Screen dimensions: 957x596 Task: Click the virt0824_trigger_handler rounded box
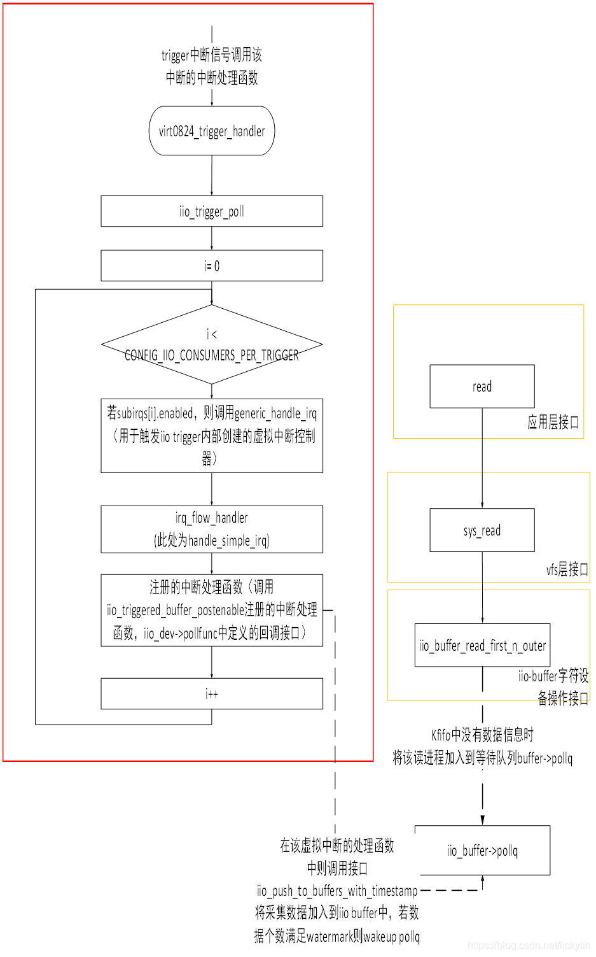click(212, 131)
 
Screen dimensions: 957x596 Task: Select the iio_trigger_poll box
click(212, 211)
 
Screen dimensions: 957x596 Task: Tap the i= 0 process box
click(212, 266)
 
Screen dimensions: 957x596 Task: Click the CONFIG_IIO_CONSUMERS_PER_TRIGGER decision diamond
click(212, 345)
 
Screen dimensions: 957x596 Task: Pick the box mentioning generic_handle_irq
click(212, 436)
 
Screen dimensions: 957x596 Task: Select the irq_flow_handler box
click(212, 529)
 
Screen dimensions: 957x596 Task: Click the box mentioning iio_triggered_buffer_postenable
click(212, 610)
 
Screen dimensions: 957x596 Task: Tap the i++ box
click(212, 693)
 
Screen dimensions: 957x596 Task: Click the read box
click(482, 386)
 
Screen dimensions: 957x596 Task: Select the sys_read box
click(482, 530)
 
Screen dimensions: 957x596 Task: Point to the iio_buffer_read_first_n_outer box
click(482, 646)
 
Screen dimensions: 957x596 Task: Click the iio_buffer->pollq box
click(482, 851)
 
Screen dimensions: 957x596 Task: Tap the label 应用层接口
click(553, 422)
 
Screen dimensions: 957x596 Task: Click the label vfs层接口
click(567, 569)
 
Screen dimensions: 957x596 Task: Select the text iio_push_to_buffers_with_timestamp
click(337, 891)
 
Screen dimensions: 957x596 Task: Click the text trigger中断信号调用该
click(212, 55)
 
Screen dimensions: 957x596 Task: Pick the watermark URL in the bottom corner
click(529, 946)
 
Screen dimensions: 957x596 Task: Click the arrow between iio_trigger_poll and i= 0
click(212, 238)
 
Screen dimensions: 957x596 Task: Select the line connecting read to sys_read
click(482, 458)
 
